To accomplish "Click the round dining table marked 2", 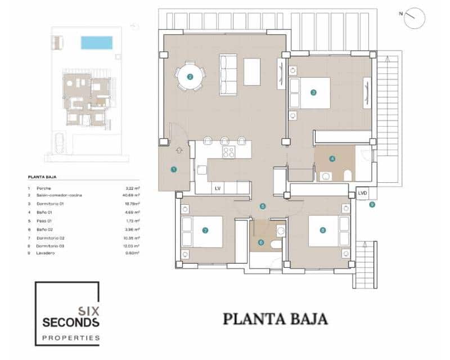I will (190, 78).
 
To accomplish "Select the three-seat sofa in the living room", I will (228, 74).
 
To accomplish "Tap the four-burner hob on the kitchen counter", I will (228, 152).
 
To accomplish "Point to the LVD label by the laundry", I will (363, 193).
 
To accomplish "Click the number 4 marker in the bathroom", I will (332, 159).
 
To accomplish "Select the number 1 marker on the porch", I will (173, 169).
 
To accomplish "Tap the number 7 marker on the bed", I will (205, 231).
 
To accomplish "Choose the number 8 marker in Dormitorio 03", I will (322, 230).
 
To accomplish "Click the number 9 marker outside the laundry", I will (372, 205).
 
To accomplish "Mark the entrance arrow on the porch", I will (179, 150).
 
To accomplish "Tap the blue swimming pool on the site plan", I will (96, 43).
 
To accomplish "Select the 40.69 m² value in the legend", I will (132, 195).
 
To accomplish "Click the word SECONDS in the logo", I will (71, 323).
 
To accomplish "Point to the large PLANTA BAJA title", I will (275, 319).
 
